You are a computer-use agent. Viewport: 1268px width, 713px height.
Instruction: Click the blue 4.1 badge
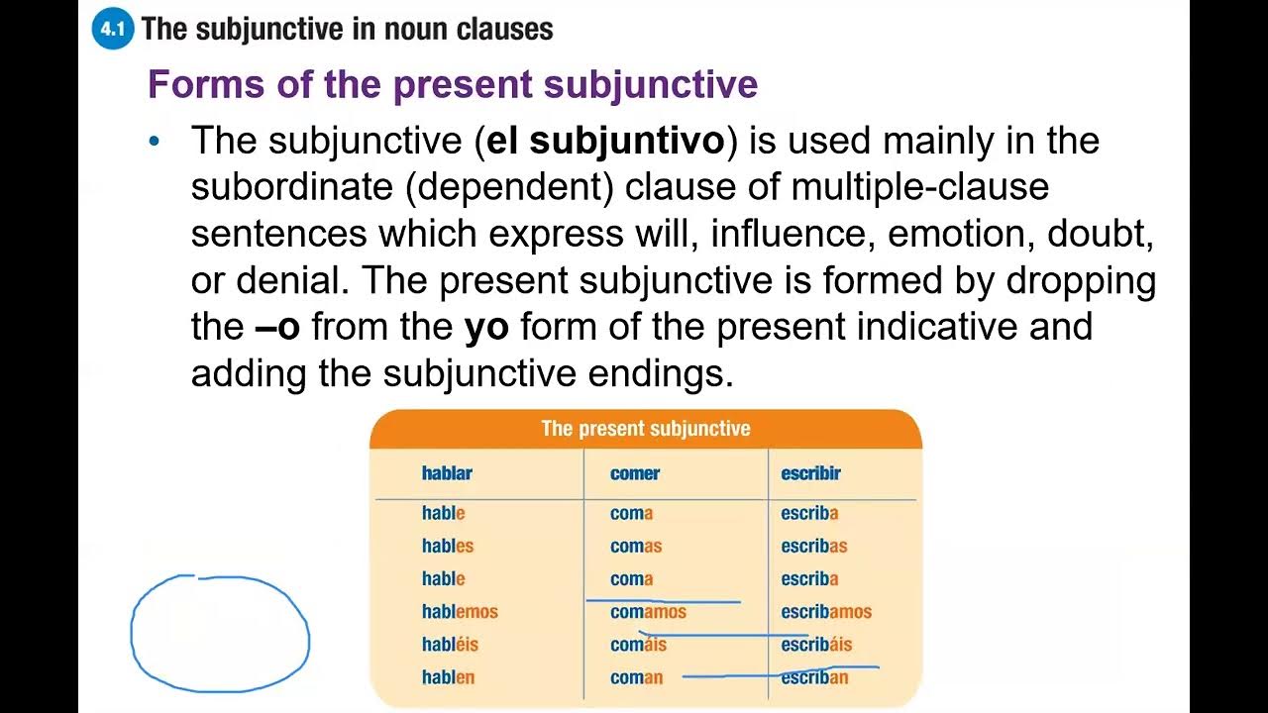pos(112,30)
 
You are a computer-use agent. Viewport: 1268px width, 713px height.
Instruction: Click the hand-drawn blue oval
pos(220,633)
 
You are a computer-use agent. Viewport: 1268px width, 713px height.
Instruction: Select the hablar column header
pos(447,473)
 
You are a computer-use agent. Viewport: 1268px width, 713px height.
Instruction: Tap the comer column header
pos(635,473)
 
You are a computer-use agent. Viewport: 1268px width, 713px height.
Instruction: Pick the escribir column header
pos(810,473)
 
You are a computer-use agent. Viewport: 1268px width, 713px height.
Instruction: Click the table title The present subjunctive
pos(645,429)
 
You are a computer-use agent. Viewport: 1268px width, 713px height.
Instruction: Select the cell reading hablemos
pos(460,612)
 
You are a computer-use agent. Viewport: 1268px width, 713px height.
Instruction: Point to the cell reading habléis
pos(450,645)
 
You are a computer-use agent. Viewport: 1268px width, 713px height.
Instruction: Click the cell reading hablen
pos(448,677)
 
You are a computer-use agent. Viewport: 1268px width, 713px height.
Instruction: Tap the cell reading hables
pos(448,546)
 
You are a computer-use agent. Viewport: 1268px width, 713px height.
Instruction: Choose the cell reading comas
pos(636,546)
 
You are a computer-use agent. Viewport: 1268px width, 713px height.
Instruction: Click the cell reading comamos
pos(648,612)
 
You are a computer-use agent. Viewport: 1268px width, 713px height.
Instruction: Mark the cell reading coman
pos(636,677)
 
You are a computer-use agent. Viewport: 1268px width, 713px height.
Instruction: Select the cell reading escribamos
pos(826,612)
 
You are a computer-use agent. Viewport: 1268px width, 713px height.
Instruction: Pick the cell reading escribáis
pos(816,645)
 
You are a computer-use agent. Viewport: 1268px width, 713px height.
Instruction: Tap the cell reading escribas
pos(814,546)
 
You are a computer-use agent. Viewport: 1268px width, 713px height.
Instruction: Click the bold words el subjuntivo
pos(605,142)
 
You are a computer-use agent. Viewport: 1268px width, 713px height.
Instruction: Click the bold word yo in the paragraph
pos(486,327)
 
